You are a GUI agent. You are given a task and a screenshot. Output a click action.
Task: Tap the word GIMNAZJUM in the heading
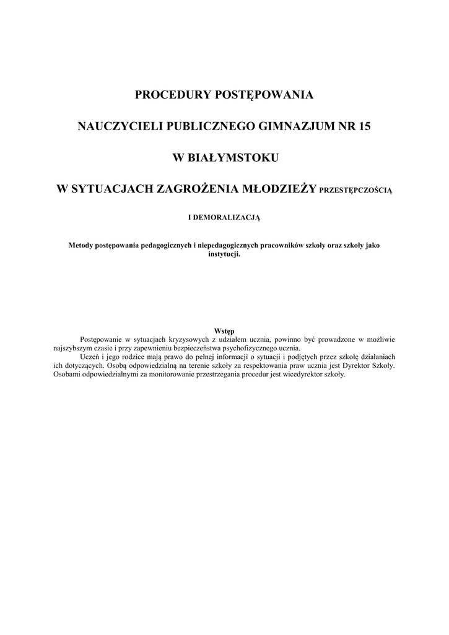[x=290, y=127]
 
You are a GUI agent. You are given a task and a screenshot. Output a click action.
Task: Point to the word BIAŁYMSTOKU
[x=234, y=158]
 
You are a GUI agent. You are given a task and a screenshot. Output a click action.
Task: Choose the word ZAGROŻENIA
[x=196, y=189]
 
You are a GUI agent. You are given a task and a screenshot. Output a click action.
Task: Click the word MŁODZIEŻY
[x=281, y=189]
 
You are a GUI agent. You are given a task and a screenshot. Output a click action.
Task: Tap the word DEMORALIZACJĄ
[x=229, y=218]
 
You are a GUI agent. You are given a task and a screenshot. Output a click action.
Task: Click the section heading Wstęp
[x=224, y=331]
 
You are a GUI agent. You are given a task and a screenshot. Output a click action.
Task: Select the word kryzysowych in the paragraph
[x=190, y=340]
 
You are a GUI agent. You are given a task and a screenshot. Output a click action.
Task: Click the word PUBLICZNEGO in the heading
[x=201, y=127]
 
